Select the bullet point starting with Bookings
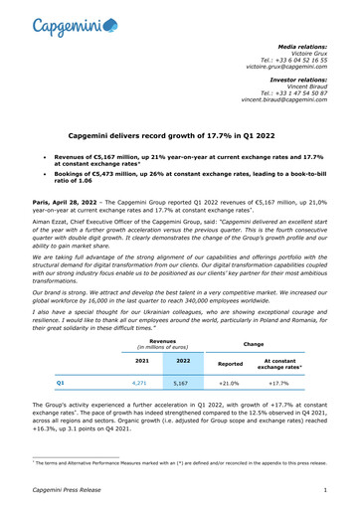point(184,182)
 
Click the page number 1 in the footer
point(325,490)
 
